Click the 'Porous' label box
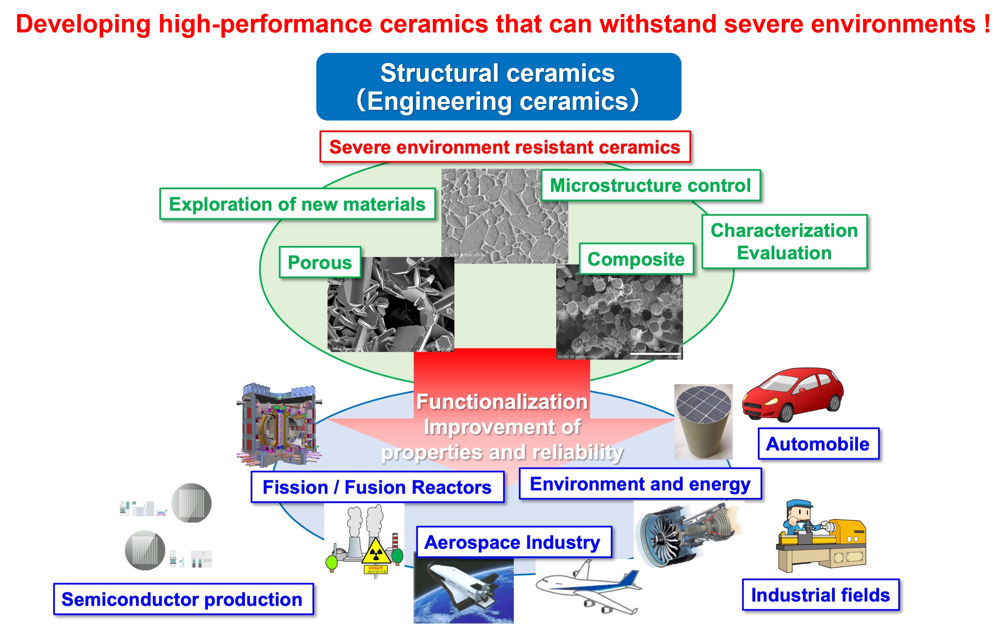coord(320,262)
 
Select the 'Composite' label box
coord(636,259)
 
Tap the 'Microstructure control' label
coord(650,185)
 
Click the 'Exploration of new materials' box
coord(297,204)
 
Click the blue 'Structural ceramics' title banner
coord(498,87)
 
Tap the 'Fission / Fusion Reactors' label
coord(377,487)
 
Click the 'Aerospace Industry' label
coord(513,542)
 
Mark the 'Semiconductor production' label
coord(183,599)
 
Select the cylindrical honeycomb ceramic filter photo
coord(703,422)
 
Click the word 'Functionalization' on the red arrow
coord(502,402)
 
